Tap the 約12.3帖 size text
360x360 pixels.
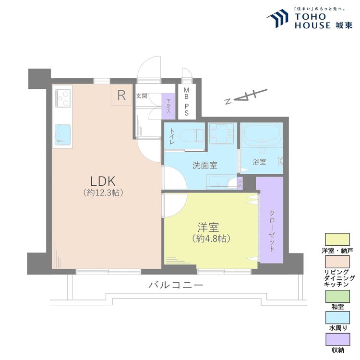tap(103, 193)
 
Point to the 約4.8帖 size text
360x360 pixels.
tap(210, 238)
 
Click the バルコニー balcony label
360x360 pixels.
tap(176, 285)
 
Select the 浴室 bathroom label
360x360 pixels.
tap(260, 162)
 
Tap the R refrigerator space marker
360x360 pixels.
tap(122, 95)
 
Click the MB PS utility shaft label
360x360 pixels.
tap(186, 102)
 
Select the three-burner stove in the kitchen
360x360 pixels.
tap(63, 97)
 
